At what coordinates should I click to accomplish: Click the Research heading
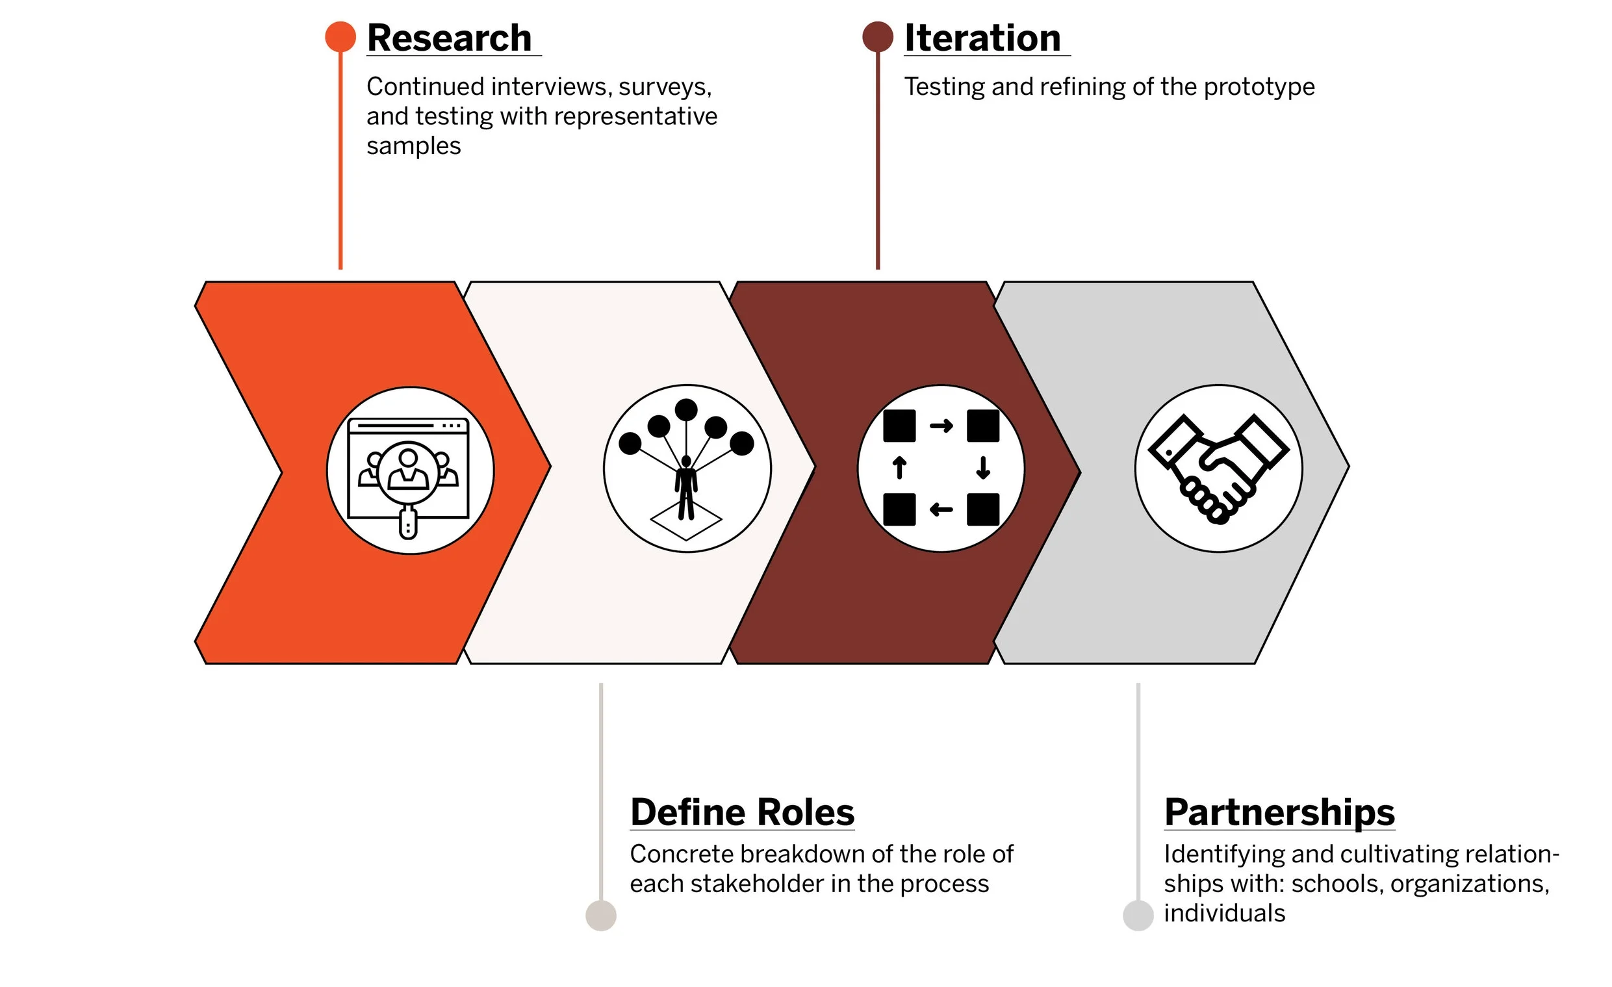(449, 38)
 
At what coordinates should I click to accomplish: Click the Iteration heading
(982, 38)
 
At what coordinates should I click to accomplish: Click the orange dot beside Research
(340, 36)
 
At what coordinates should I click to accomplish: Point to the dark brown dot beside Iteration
(877, 36)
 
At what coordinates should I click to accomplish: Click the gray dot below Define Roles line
(600, 915)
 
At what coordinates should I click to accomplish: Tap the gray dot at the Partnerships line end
(1138, 915)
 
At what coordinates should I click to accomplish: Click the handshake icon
(1218, 468)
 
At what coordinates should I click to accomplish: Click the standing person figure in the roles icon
(685, 487)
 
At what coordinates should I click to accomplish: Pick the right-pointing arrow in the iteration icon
(941, 426)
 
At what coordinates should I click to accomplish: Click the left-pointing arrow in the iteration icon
(941, 509)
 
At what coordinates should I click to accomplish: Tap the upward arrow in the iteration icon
(899, 468)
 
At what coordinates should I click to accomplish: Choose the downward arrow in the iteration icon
(982, 468)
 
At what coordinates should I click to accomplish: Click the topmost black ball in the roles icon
(685, 410)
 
